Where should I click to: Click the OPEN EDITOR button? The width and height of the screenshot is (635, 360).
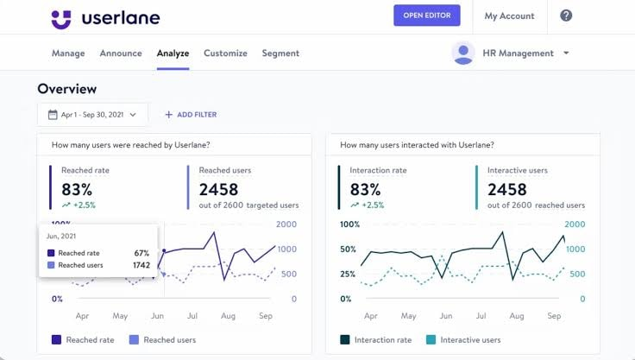[426, 16]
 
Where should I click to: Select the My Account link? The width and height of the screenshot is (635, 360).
[509, 16]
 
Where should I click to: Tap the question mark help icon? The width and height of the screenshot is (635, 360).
[566, 16]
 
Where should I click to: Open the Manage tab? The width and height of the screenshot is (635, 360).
[68, 53]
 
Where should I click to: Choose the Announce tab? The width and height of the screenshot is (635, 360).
[121, 53]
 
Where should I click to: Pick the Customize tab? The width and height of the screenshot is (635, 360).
[225, 53]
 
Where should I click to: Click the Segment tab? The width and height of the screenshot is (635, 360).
[280, 53]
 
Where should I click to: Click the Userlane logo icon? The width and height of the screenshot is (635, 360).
[60, 18]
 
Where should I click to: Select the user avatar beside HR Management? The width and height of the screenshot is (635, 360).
[463, 53]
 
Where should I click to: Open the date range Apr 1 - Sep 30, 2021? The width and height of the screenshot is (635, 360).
[92, 114]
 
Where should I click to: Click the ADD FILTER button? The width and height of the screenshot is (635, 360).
[191, 114]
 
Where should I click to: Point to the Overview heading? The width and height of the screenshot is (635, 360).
[67, 89]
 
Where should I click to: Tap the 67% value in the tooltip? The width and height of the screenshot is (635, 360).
[141, 253]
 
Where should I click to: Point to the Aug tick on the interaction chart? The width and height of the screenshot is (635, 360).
[517, 316]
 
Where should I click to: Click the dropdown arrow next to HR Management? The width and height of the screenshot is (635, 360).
[566, 53]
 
